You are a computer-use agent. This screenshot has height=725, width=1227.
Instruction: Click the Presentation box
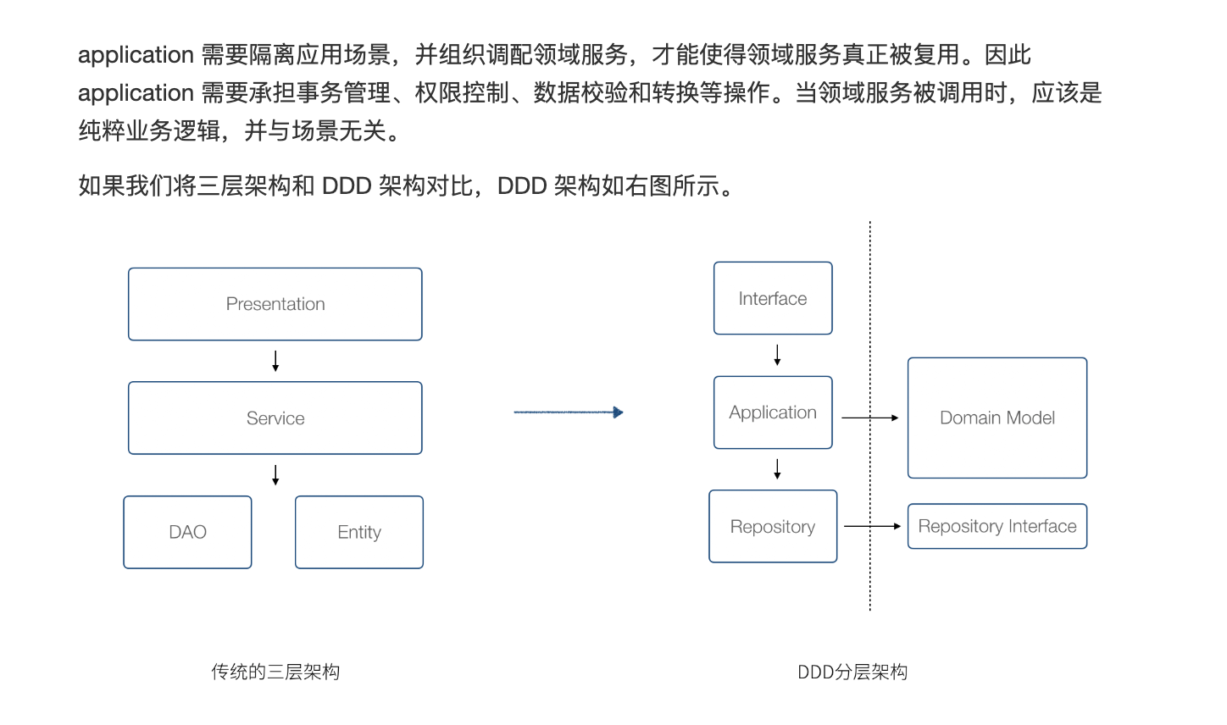pyautogui.click(x=275, y=304)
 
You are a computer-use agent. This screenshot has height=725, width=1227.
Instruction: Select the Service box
pyautogui.click(x=275, y=418)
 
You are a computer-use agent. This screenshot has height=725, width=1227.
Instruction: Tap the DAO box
pyautogui.click(x=187, y=532)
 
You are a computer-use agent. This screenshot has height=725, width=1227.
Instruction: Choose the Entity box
pyautogui.click(x=359, y=532)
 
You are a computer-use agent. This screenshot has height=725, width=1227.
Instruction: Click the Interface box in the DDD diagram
pyautogui.click(x=773, y=298)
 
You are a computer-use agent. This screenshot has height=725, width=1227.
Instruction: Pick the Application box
pyautogui.click(x=773, y=412)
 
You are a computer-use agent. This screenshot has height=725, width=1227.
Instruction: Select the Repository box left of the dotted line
pyautogui.click(x=773, y=527)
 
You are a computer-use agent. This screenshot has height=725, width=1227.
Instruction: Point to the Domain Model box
pyautogui.click(x=997, y=418)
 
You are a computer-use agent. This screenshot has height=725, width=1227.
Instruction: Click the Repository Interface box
pyautogui.click(x=997, y=526)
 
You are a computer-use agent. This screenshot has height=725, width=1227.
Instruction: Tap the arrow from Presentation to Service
pyautogui.click(x=275, y=362)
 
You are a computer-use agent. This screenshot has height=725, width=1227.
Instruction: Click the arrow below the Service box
pyautogui.click(x=275, y=475)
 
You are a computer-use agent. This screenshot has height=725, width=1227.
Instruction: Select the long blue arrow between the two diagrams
pyautogui.click(x=568, y=412)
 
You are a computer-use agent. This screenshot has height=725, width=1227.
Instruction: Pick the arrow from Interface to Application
pyautogui.click(x=777, y=355)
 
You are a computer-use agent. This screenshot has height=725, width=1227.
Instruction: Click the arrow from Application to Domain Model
pyautogui.click(x=869, y=418)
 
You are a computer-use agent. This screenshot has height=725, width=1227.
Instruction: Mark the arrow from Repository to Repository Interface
pyautogui.click(x=872, y=526)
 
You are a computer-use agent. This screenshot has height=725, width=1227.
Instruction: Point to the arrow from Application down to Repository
pyautogui.click(x=777, y=469)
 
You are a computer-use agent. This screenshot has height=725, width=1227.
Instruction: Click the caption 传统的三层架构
pyautogui.click(x=275, y=672)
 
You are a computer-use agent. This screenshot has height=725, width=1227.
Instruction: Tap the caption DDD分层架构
pyautogui.click(x=852, y=672)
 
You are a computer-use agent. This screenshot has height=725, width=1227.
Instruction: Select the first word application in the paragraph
pyautogui.click(x=136, y=55)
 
